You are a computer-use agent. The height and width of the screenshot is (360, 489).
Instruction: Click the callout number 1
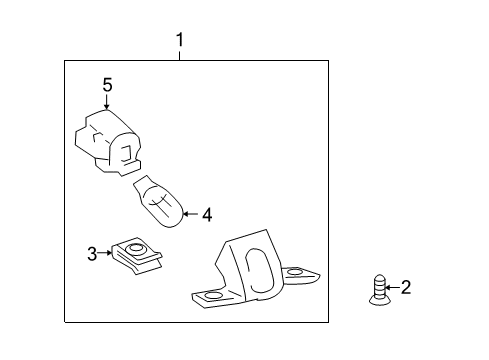click(x=180, y=40)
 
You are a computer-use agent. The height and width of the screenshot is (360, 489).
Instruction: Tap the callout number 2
click(x=406, y=287)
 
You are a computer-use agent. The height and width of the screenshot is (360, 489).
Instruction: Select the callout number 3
click(x=92, y=254)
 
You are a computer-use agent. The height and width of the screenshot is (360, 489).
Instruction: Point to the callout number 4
click(x=207, y=214)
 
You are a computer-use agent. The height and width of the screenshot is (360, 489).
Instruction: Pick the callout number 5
click(x=107, y=85)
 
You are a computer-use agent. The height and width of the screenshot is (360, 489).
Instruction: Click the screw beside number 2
click(x=379, y=290)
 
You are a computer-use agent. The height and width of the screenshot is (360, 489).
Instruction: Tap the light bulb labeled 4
click(x=159, y=201)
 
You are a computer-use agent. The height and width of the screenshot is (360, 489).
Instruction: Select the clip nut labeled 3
click(x=137, y=256)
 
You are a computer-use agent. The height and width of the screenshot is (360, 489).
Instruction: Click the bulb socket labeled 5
click(x=107, y=143)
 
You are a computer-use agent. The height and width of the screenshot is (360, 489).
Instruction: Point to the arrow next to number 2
click(x=392, y=287)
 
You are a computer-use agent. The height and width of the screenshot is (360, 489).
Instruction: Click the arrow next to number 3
click(x=105, y=253)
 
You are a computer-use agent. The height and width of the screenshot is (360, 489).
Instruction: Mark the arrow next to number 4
click(x=191, y=214)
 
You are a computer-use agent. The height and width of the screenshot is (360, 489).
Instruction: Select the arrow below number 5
click(x=107, y=102)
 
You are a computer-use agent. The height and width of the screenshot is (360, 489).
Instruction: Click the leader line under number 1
click(x=180, y=55)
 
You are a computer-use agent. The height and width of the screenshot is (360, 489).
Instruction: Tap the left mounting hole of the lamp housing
click(x=214, y=295)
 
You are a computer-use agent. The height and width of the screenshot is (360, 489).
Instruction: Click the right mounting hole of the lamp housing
click(x=294, y=272)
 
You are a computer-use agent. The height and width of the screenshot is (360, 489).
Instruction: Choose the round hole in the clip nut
click(x=136, y=248)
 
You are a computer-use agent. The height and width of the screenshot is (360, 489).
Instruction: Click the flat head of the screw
click(x=379, y=301)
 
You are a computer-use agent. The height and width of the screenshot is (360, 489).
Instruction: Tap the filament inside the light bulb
click(x=160, y=203)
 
